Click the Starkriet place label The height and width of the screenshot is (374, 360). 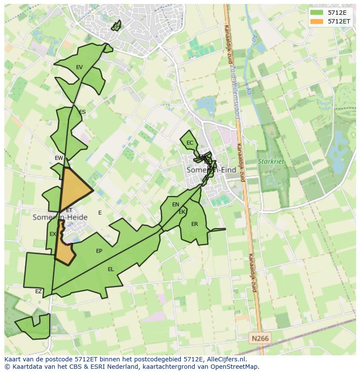(271, 162)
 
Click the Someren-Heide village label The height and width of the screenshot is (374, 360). (60, 217)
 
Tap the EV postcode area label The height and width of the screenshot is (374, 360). (79, 67)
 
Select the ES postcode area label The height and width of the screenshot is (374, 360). (82, 112)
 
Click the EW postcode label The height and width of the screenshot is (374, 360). (59, 158)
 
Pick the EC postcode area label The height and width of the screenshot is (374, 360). (190, 143)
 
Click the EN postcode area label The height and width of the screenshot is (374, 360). (176, 205)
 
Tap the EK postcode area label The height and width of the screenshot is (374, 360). (182, 212)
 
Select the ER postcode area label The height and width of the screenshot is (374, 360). (194, 224)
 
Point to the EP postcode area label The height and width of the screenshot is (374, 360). (99, 251)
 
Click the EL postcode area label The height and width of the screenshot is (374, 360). (111, 269)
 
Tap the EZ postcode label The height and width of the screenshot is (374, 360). (39, 291)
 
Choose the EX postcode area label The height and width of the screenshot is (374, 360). (53, 234)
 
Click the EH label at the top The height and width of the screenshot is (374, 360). (116, 26)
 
